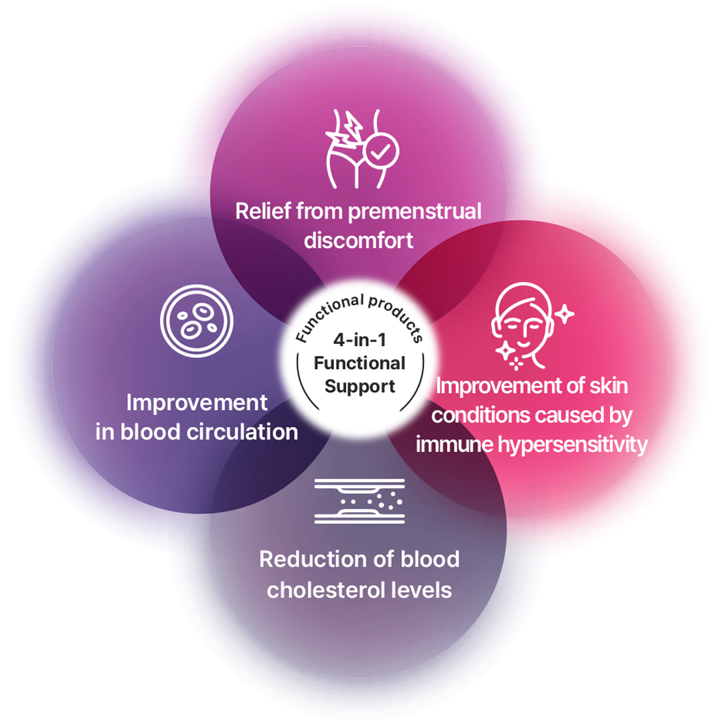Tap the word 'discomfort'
click(x=359, y=240)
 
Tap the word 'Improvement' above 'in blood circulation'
click(x=197, y=403)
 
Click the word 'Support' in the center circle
click(x=360, y=386)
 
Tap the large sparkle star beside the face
click(x=565, y=314)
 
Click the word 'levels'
click(x=425, y=589)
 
